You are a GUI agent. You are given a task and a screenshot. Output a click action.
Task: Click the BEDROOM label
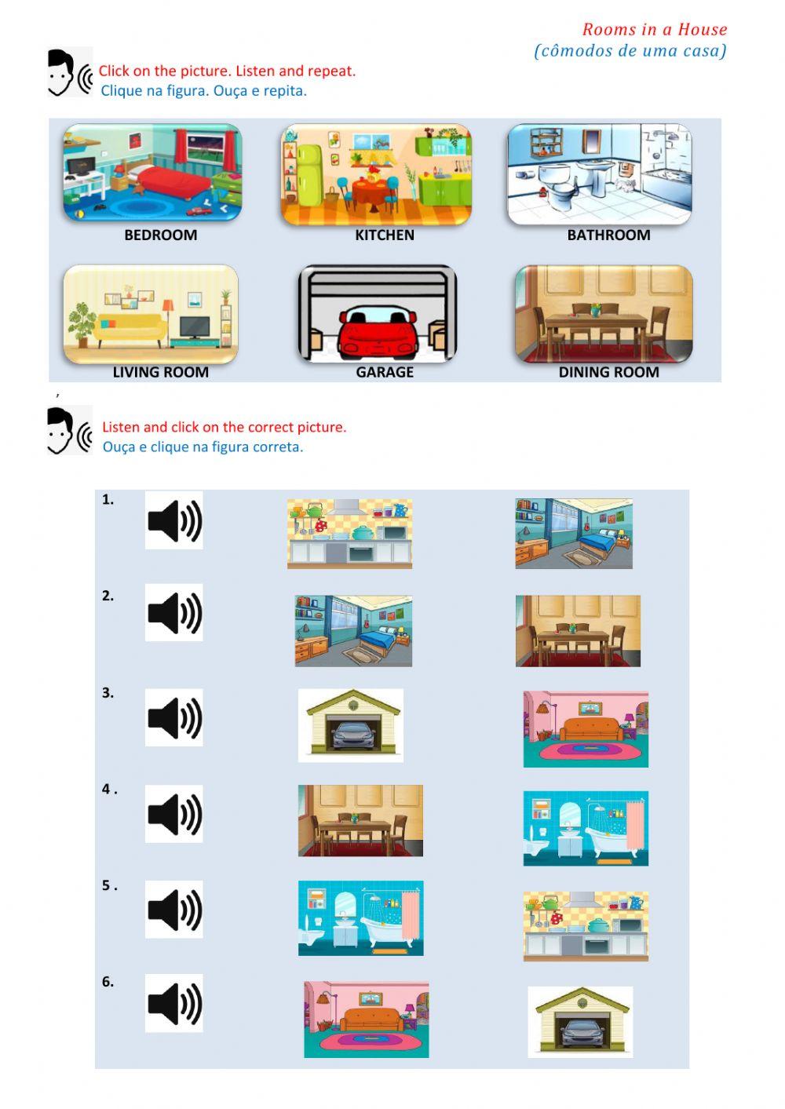tap(160, 235)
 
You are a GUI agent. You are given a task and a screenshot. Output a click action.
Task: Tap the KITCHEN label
tap(384, 235)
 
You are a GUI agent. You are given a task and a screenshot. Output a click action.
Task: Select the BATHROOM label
tap(608, 235)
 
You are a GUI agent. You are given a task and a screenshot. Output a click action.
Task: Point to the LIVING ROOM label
tap(160, 372)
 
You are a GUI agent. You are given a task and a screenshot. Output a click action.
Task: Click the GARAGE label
tap(384, 372)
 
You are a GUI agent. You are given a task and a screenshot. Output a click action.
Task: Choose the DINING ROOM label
tap(608, 372)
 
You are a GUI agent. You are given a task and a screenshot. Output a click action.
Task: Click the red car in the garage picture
tap(378, 334)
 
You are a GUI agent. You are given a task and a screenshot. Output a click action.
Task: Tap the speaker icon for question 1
tap(174, 520)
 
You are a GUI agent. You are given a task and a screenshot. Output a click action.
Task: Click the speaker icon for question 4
tap(174, 814)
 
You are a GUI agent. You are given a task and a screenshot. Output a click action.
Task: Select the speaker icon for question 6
tap(174, 1003)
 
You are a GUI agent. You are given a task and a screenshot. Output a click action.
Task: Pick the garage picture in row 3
tap(351, 725)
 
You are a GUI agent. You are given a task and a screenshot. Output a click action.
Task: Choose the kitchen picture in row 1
tap(349, 533)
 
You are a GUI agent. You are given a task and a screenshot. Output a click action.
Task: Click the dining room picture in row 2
tap(578, 631)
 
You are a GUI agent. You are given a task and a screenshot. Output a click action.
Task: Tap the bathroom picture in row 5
tap(360, 917)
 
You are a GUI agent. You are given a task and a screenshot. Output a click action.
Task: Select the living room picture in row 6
tap(367, 1019)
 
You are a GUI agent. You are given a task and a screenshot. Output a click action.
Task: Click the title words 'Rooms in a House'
tap(654, 30)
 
